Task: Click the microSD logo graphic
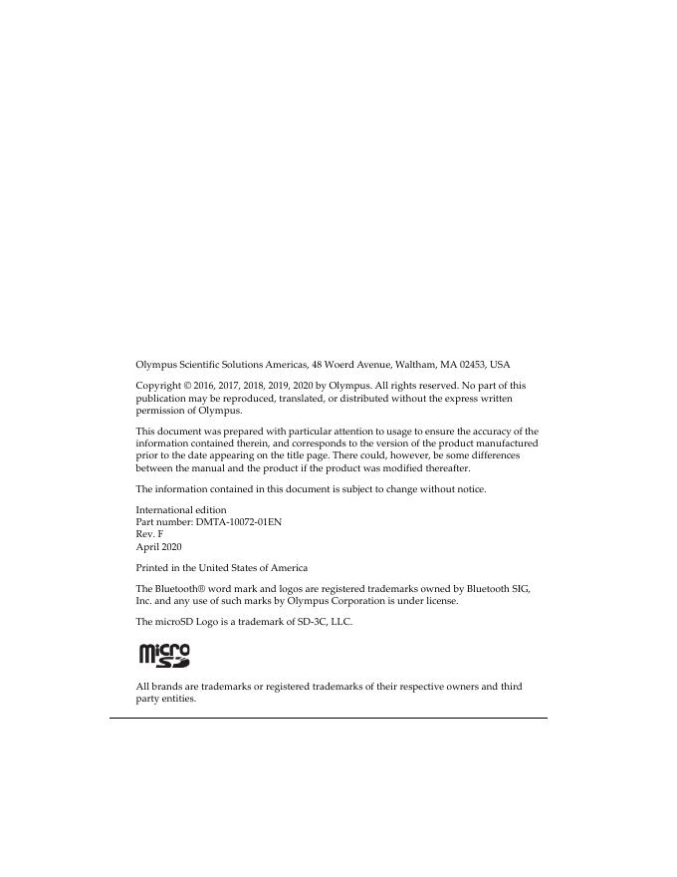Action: click(x=164, y=655)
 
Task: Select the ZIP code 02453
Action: click(x=472, y=365)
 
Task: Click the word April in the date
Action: click(x=147, y=547)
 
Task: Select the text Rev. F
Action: click(x=149, y=534)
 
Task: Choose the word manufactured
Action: click(x=504, y=442)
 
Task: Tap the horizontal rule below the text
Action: click(x=329, y=718)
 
